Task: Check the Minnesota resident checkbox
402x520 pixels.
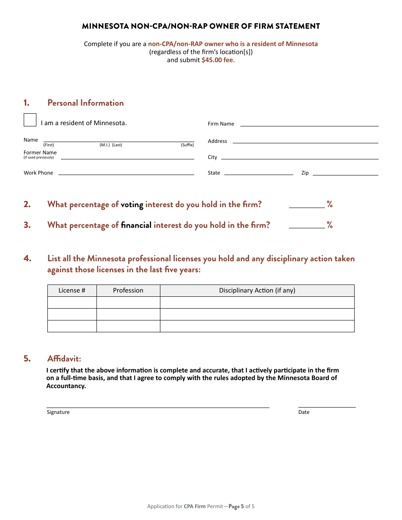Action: pos(30,120)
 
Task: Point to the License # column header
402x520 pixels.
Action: pos(72,290)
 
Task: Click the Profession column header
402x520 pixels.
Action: pos(128,290)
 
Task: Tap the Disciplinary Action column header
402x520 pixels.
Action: pos(257,290)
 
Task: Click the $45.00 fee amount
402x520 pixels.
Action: pos(217,60)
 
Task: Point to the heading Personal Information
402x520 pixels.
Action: pos(85,103)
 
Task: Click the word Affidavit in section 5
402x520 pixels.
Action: pos(64,359)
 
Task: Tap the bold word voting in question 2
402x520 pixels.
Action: pos(132,205)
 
